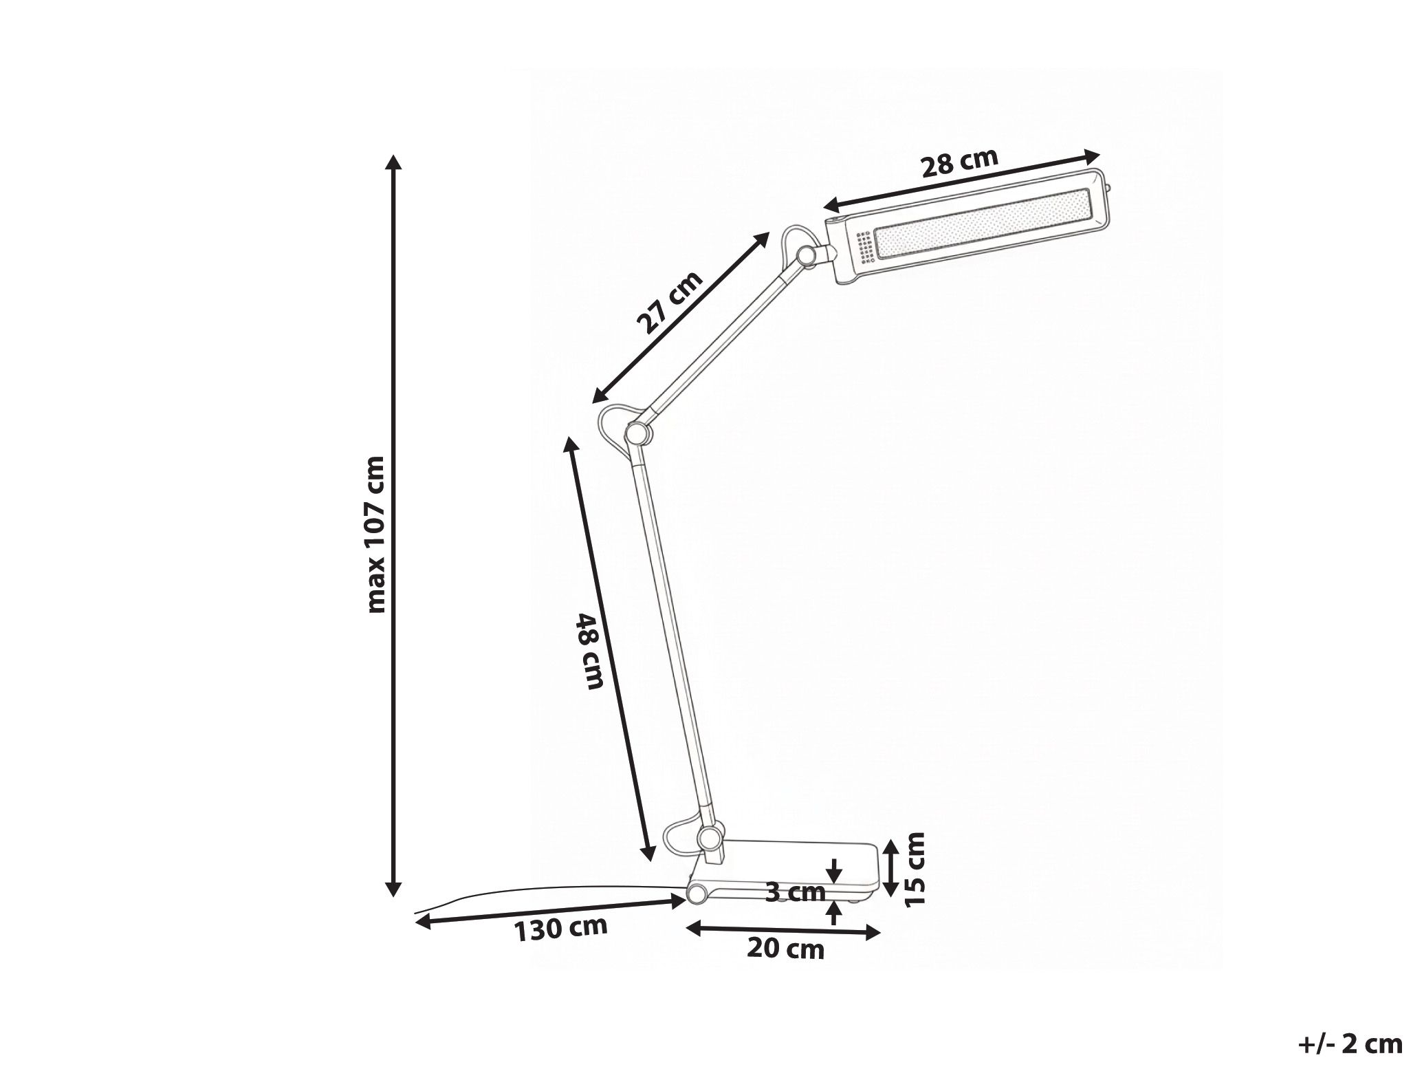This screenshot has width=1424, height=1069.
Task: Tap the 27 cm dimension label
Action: coord(669,303)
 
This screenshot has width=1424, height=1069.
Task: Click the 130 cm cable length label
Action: coord(561,928)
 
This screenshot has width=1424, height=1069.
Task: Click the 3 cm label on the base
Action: coord(795,892)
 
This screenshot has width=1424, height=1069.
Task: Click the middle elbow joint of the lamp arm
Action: coord(636,433)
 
